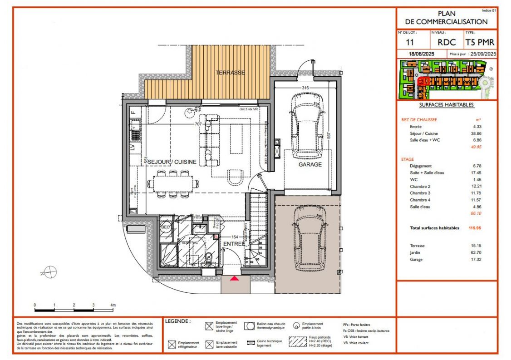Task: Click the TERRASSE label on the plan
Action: (230, 73)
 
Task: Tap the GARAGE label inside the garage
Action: (310, 164)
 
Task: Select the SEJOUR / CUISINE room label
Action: (172, 162)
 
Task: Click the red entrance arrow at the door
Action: (235, 279)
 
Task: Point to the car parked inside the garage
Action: (308, 124)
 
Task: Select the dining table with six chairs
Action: (173, 184)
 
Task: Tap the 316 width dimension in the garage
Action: (305, 88)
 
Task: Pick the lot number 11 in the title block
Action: (409, 43)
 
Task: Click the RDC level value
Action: (447, 43)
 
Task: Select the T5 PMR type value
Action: (480, 43)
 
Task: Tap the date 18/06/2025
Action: (422, 54)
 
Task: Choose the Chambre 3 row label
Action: (420, 193)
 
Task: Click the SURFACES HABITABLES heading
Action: (447, 105)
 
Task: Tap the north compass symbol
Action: (49, 272)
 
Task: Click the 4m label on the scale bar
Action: (113, 305)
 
